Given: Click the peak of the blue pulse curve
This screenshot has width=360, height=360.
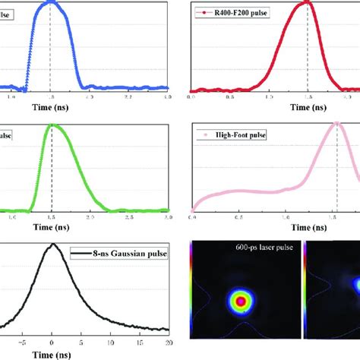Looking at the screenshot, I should (51, 2).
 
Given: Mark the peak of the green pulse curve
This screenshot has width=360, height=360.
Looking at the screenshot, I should (51, 125).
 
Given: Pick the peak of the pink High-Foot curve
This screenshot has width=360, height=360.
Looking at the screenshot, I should (336, 124).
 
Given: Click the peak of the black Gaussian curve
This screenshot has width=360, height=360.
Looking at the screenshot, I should (52, 245).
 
